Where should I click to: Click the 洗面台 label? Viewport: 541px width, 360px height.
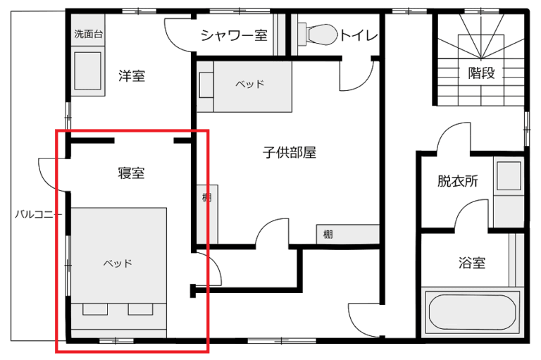point(89,34)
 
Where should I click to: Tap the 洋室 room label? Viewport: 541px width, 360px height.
point(132,75)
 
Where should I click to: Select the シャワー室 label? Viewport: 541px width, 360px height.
point(234,35)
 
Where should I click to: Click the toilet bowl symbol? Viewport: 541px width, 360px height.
point(321,35)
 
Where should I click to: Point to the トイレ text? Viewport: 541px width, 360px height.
point(359,35)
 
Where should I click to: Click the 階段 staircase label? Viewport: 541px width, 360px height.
point(481,73)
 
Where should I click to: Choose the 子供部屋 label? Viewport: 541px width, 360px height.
point(290,152)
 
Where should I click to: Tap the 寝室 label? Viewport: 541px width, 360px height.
point(131,173)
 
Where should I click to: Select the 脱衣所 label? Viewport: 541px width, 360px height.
point(458,181)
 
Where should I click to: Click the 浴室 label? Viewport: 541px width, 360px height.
point(472,263)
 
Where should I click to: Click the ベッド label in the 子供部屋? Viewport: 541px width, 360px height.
point(250,84)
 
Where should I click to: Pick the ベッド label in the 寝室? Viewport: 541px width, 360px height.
point(118,263)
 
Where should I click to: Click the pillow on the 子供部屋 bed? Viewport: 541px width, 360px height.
point(206,85)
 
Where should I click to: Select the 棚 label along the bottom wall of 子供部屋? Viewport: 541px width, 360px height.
point(328,235)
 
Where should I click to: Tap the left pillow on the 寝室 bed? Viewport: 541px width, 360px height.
point(95,309)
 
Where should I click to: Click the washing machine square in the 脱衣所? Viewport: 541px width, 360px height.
point(509,175)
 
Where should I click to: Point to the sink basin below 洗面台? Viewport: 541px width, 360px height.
point(88,70)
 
